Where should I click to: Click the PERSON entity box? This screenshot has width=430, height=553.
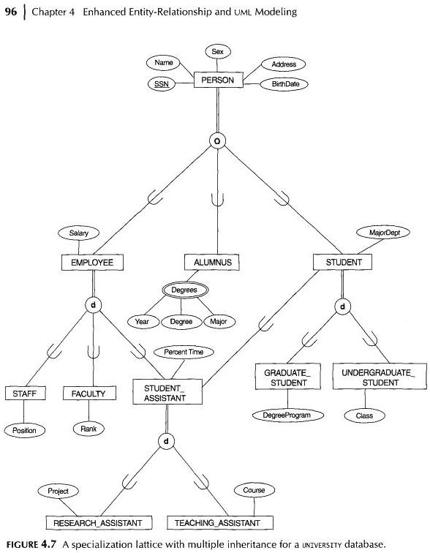[x=217, y=80]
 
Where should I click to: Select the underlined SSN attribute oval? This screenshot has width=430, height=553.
[x=161, y=83]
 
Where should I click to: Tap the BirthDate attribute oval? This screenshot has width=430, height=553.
[x=284, y=84]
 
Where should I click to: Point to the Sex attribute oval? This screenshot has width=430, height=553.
[x=217, y=51]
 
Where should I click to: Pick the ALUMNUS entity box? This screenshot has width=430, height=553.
[x=212, y=262]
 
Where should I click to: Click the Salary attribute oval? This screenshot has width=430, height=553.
[x=78, y=233]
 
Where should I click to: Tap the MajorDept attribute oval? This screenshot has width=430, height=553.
[x=383, y=233]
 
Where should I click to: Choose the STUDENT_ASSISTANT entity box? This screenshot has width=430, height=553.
[x=165, y=393]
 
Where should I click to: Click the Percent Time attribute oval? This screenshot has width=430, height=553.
[x=184, y=352]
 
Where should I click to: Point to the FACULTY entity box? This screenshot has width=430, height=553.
[x=88, y=394]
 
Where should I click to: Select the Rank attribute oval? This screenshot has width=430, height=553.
[x=88, y=429]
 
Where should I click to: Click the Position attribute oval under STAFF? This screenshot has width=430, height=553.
[x=24, y=430]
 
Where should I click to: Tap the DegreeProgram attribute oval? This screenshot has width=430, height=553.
[x=287, y=415]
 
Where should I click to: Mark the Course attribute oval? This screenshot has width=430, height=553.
[x=249, y=490]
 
